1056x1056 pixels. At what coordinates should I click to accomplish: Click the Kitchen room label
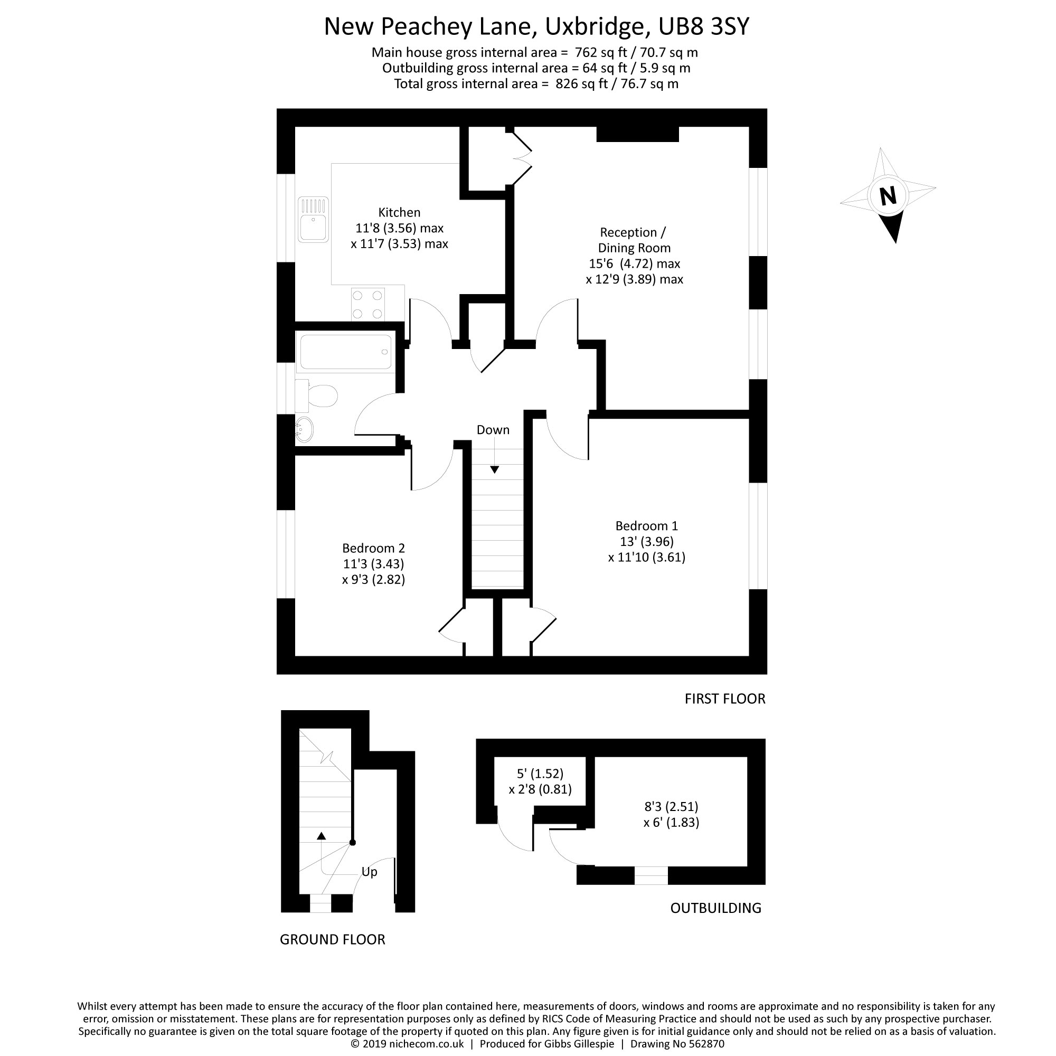pyautogui.click(x=399, y=212)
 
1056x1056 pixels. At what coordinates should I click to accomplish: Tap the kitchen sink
pyautogui.click(x=313, y=220)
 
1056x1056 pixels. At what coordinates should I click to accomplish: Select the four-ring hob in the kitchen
pyautogui.click(x=367, y=305)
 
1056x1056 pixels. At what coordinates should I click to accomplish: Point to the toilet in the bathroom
pyautogui.click(x=317, y=395)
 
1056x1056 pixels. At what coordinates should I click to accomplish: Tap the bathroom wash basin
pyautogui.click(x=304, y=429)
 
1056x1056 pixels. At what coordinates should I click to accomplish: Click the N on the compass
pyautogui.click(x=888, y=195)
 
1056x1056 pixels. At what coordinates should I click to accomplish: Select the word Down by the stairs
pyautogui.click(x=493, y=430)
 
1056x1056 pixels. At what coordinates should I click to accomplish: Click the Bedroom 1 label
pyautogui.click(x=647, y=526)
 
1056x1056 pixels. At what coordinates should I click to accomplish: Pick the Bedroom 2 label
pyautogui.click(x=373, y=548)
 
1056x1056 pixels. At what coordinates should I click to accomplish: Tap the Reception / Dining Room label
pyautogui.click(x=634, y=240)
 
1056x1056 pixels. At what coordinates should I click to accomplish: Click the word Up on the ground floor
pyautogui.click(x=369, y=872)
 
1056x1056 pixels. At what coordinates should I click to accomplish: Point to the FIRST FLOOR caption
pyautogui.click(x=725, y=699)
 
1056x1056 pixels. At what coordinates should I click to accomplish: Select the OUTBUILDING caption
pyautogui.click(x=715, y=908)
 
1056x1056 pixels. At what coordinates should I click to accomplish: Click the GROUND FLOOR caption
pyautogui.click(x=332, y=940)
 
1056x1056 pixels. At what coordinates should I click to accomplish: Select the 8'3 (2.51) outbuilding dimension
pyautogui.click(x=671, y=806)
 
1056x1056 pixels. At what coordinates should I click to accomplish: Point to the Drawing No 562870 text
pyautogui.click(x=677, y=1044)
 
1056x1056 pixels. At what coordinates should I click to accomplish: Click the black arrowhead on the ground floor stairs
pyautogui.click(x=322, y=836)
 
